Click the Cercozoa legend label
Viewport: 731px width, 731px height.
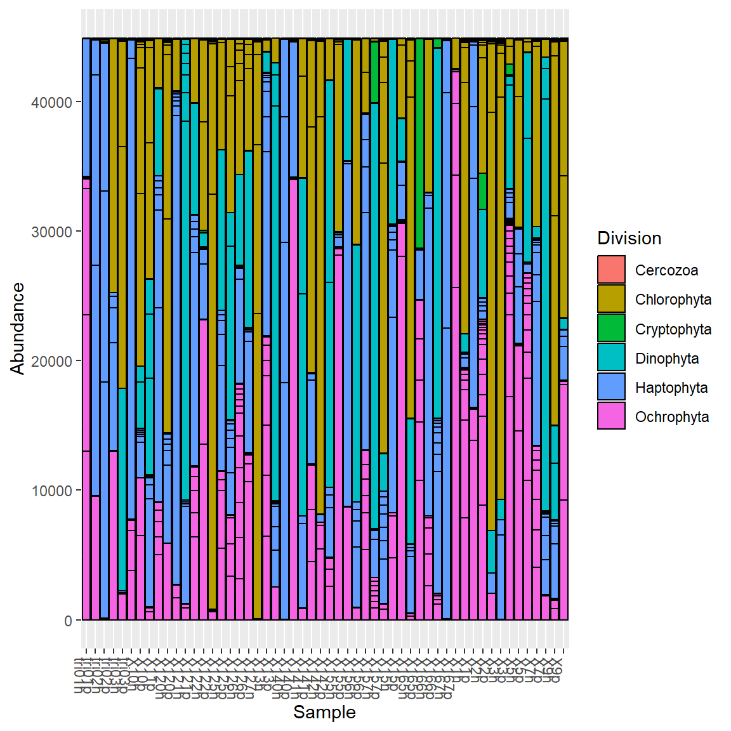(666, 270)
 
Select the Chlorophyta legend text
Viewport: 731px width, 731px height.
(673, 300)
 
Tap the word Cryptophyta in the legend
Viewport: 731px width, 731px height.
(673, 329)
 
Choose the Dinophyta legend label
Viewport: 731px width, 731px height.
(666, 359)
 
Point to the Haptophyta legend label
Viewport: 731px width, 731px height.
(671, 388)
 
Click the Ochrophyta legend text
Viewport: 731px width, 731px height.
(671, 417)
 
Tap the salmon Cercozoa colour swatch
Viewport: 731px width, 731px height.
(611, 270)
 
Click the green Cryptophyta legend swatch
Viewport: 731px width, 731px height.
(611, 329)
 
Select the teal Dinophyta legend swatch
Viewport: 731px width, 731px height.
(611, 358)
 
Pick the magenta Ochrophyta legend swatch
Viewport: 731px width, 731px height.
(611, 416)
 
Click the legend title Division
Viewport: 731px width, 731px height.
(629, 239)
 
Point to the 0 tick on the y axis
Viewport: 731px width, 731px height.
(68, 621)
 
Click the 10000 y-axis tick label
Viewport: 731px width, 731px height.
(51, 491)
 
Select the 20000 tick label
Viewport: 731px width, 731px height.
(51, 362)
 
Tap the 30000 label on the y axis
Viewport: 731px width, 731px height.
(51, 232)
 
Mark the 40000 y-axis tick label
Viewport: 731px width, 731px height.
(51, 103)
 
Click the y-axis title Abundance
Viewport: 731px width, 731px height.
(18, 329)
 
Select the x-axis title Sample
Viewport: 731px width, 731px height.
(324, 713)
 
